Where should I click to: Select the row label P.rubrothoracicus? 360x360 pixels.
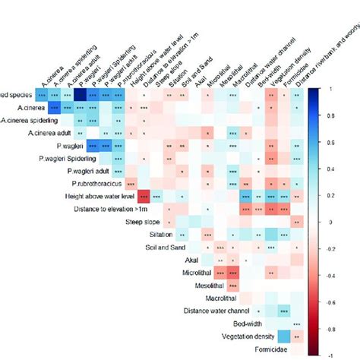click(x=96, y=184)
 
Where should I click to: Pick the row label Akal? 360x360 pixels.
click(x=192, y=260)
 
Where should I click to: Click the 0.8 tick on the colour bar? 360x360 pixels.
click(x=328, y=115)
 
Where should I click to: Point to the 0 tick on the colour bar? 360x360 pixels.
click(x=328, y=223)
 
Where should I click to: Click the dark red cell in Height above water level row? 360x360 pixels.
click(x=144, y=197)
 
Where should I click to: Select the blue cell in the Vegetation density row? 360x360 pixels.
click(x=283, y=336)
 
